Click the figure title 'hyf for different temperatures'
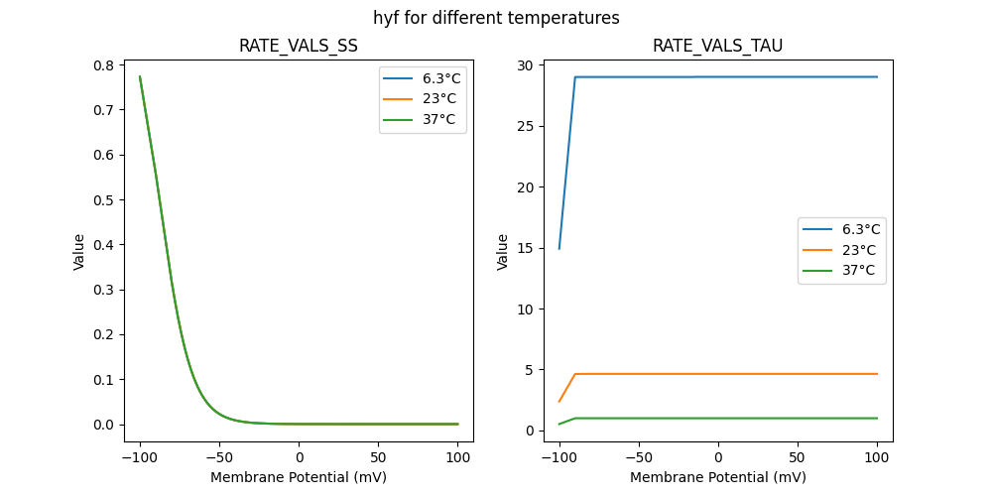tap(496, 18)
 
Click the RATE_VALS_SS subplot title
tap(298, 46)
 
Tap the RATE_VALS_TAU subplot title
tap(717, 46)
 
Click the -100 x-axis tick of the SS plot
tap(140, 458)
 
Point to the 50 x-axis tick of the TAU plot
tap(798, 458)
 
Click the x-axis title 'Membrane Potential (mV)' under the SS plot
tap(298, 477)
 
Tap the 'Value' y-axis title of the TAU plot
tap(503, 251)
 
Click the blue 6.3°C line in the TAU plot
tap(724, 76)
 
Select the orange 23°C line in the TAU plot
tap(724, 374)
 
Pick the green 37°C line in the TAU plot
tap(724, 418)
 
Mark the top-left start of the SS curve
tap(140, 76)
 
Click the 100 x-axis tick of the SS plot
tap(458, 458)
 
